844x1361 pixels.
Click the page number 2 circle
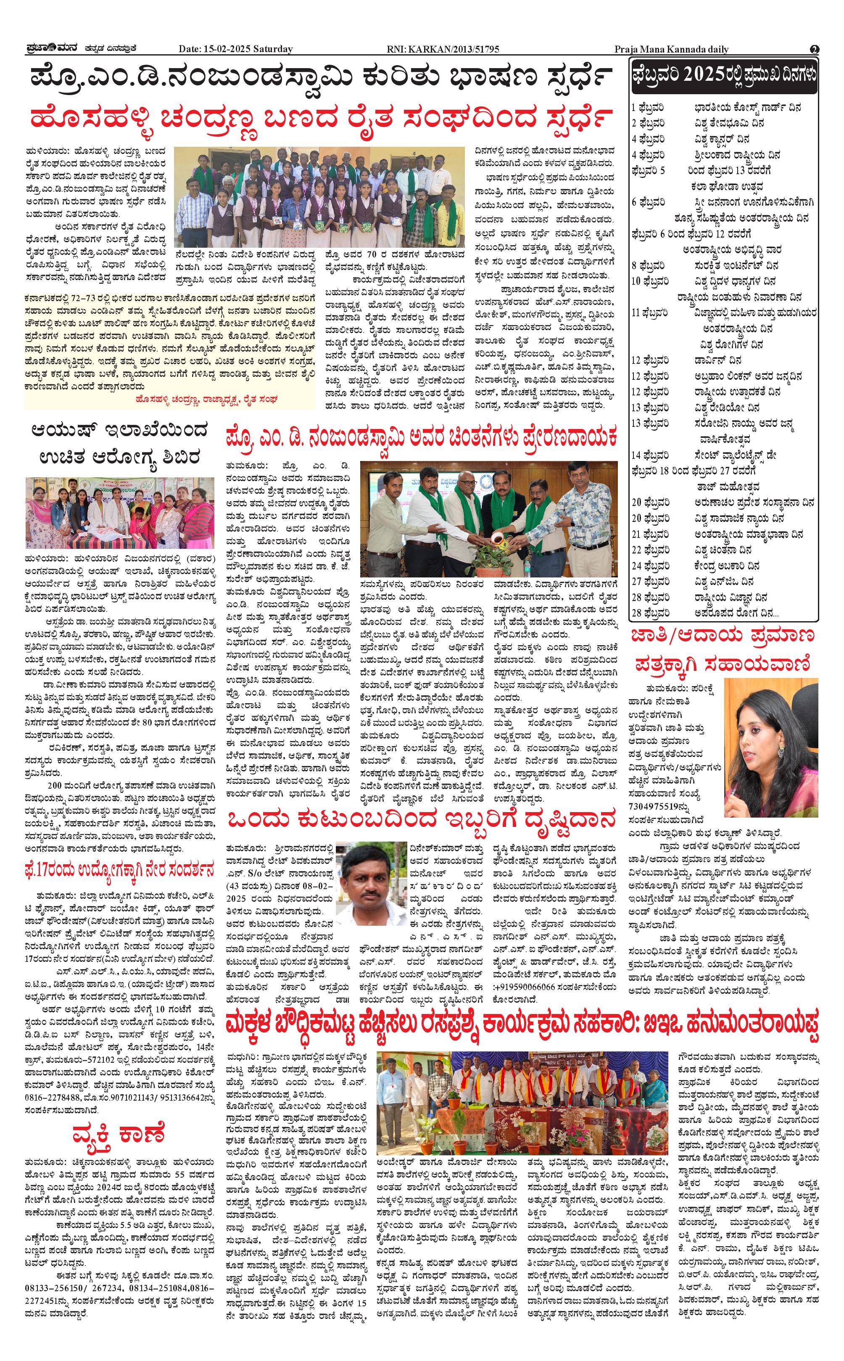[x=815, y=49]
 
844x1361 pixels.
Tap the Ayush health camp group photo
[x=120, y=512]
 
